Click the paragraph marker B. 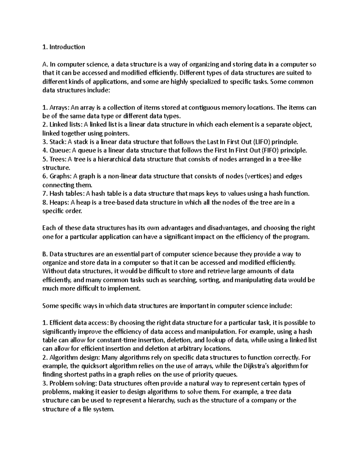click(x=45, y=254)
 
